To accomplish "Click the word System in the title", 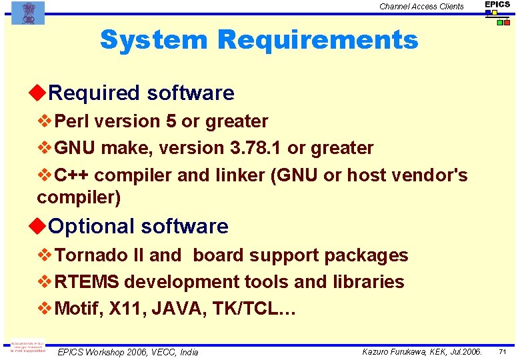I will tap(153, 40).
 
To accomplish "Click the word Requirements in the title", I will tap(317, 40).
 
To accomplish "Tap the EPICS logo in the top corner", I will tap(497, 13).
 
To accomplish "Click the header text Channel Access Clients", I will tap(421, 7).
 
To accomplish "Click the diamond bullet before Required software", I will tap(41, 93).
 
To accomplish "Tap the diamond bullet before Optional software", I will tap(41, 226).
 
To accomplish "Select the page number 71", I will tap(503, 351).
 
